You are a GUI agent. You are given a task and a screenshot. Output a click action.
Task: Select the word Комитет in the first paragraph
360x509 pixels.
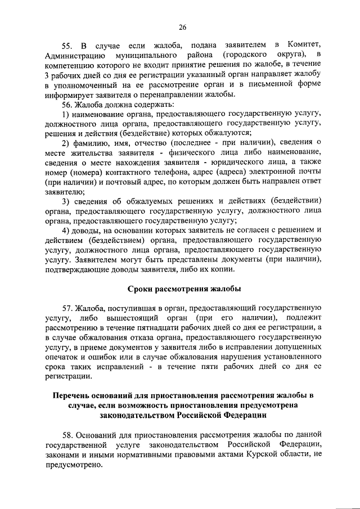(303, 44)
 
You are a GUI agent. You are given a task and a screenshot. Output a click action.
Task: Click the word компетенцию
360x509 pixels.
(69, 65)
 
